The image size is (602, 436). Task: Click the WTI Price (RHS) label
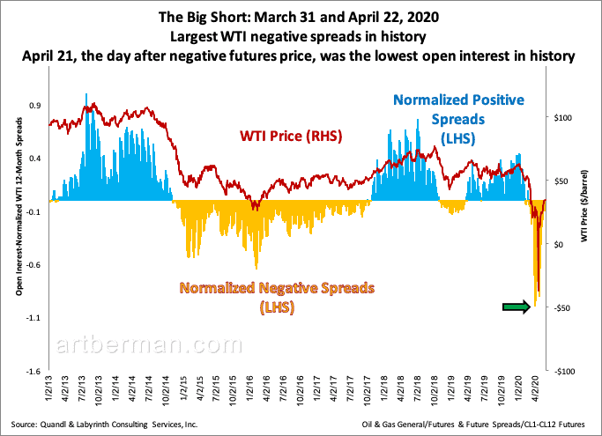click(291, 137)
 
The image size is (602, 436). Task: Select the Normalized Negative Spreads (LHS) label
click(278, 297)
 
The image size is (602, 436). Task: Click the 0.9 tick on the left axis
click(35, 106)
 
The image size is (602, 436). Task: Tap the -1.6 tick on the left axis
click(33, 371)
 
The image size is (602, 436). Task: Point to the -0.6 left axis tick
click(33, 264)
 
